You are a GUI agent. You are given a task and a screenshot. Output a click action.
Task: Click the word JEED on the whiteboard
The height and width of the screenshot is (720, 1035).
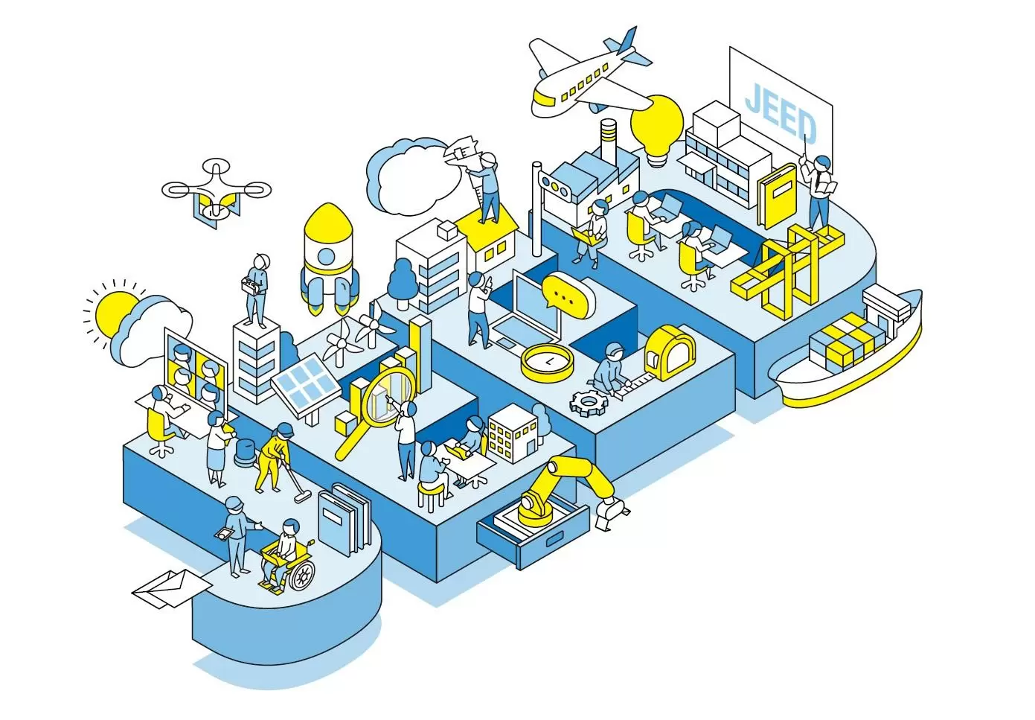pyautogui.click(x=781, y=112)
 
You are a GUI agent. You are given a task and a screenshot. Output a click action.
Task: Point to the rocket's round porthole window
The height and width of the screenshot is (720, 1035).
pyautogui.click(x=327, y=255)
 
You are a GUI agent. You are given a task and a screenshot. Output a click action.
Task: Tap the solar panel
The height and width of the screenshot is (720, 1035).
pyautogui.click(x=305, y=380)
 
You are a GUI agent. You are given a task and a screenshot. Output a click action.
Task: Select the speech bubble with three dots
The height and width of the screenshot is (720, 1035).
pyautogui.click(x=568, y=296)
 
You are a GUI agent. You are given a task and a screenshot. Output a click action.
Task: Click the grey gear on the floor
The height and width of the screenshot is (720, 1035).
pyautogui.click(x=589, y=403)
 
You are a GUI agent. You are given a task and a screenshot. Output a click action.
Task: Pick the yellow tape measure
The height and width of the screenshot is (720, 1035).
pyautogui.click(x=669, y=353)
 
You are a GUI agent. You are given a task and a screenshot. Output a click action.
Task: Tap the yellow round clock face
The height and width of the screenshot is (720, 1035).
pyautogui.click(x=547, y=363)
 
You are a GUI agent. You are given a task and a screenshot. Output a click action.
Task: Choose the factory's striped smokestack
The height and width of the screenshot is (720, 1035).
pyautogui.click(x=608, y=138)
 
